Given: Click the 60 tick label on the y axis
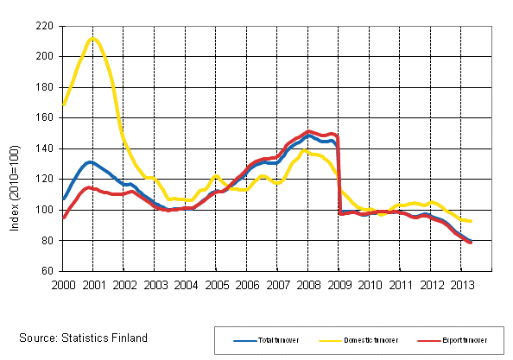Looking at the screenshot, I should coord(49,271).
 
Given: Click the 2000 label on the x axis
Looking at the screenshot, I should coord(62,283).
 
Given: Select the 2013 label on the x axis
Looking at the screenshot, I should coord(462,283).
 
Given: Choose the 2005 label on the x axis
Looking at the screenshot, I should coord(216,283).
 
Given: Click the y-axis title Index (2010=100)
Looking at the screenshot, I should coord(13,148).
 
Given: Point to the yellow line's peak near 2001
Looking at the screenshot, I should coord(94,39).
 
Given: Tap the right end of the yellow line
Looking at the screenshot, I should coord(471,221).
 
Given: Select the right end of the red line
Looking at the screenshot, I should coord(472,243).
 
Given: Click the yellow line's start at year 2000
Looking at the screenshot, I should coord(63,104).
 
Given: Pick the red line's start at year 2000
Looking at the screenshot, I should coord(63,218).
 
